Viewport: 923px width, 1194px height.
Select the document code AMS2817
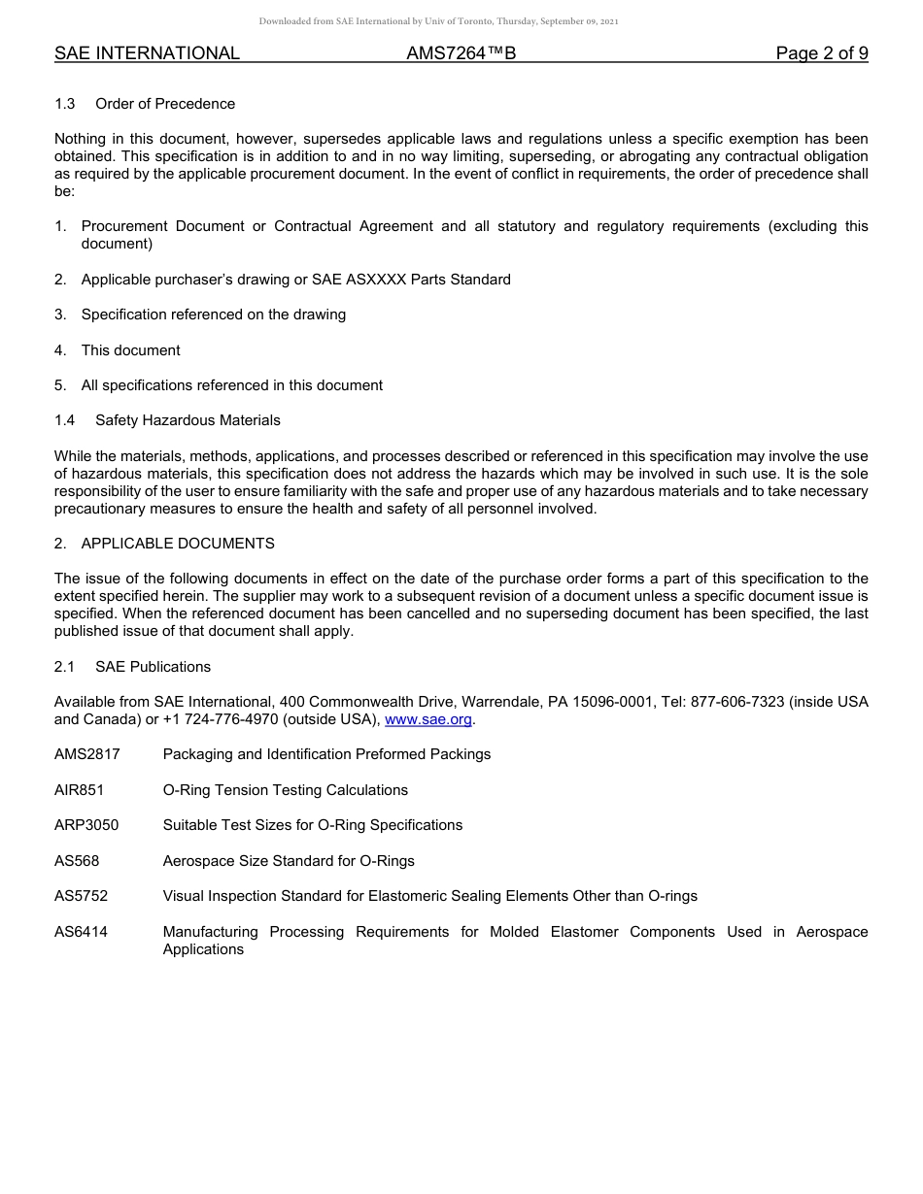tap(86, 754)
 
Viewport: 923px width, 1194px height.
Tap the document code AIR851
tap(79, 790)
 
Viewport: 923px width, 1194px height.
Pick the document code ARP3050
tap(86, 825)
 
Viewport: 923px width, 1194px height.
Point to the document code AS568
tap(77, 861)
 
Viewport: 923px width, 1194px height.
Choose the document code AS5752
tap(81, 896)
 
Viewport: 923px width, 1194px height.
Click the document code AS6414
tap(81, 932)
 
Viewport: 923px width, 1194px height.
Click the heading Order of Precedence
tap(165, 104)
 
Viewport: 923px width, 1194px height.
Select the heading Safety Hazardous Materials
tap(188, 420)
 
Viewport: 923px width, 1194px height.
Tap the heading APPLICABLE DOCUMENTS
tap(178, 544)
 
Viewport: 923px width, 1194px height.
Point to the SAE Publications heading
tap(153, 667)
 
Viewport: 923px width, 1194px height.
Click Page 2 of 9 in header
tap(821, 53)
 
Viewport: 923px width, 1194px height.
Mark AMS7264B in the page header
tap(461, 53)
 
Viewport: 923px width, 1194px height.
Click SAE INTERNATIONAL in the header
tap(147, 53)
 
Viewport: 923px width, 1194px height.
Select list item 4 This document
tap(130, 350)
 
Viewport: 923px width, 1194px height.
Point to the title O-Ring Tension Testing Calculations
tap(285, 790)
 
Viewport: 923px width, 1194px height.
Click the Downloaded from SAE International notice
tap(438, 20)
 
